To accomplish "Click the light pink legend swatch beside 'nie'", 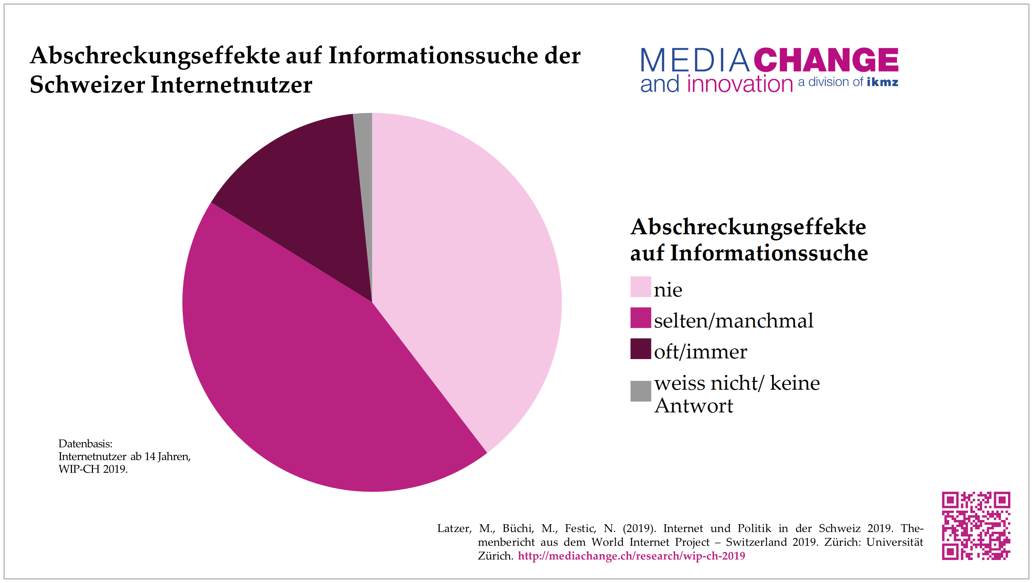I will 640,287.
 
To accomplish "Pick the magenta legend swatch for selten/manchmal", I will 640,318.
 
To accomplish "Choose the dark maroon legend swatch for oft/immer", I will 640,349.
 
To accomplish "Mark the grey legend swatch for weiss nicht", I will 640,391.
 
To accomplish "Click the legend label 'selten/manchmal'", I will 733,321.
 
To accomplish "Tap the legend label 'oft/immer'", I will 700,352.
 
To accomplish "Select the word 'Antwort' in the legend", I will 694,406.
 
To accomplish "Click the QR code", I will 976,525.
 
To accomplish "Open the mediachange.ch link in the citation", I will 631,556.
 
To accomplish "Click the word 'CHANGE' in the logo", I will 826,60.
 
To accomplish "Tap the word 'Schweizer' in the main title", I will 87,85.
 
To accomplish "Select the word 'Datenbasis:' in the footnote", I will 85,444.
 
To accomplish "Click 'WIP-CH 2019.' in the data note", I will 93,469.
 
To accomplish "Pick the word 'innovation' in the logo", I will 740,84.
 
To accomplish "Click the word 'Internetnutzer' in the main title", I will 231,85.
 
